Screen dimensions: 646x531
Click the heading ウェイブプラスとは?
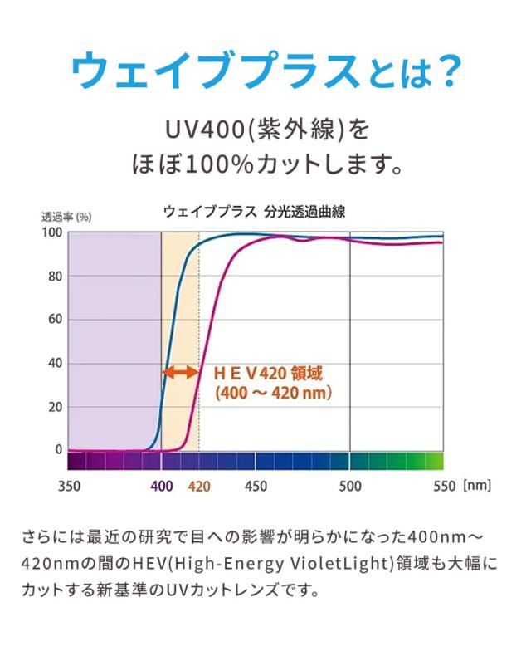click(265, 72)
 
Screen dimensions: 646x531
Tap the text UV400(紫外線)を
click(265, 130)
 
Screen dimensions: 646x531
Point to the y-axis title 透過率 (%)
click(66, 217)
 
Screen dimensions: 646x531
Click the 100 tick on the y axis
click(52, 233)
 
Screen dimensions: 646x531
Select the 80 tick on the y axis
click(55, 277)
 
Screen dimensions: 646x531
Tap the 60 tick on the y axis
click(55, 320)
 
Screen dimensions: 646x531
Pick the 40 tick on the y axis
click(55, 363)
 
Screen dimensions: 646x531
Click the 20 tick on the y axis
click(55, 407)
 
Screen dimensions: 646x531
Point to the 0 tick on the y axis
click(58, 450)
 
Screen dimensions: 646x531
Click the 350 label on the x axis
click(70, 487)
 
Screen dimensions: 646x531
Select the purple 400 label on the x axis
click(162, 487)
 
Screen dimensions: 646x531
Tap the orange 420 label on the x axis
click(199, 487)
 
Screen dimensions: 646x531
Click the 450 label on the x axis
click(256, 487)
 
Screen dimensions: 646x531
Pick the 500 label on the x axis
click(350, 487)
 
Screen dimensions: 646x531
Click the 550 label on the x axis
click(444, 487)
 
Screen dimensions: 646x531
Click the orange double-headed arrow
click(180, 373)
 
